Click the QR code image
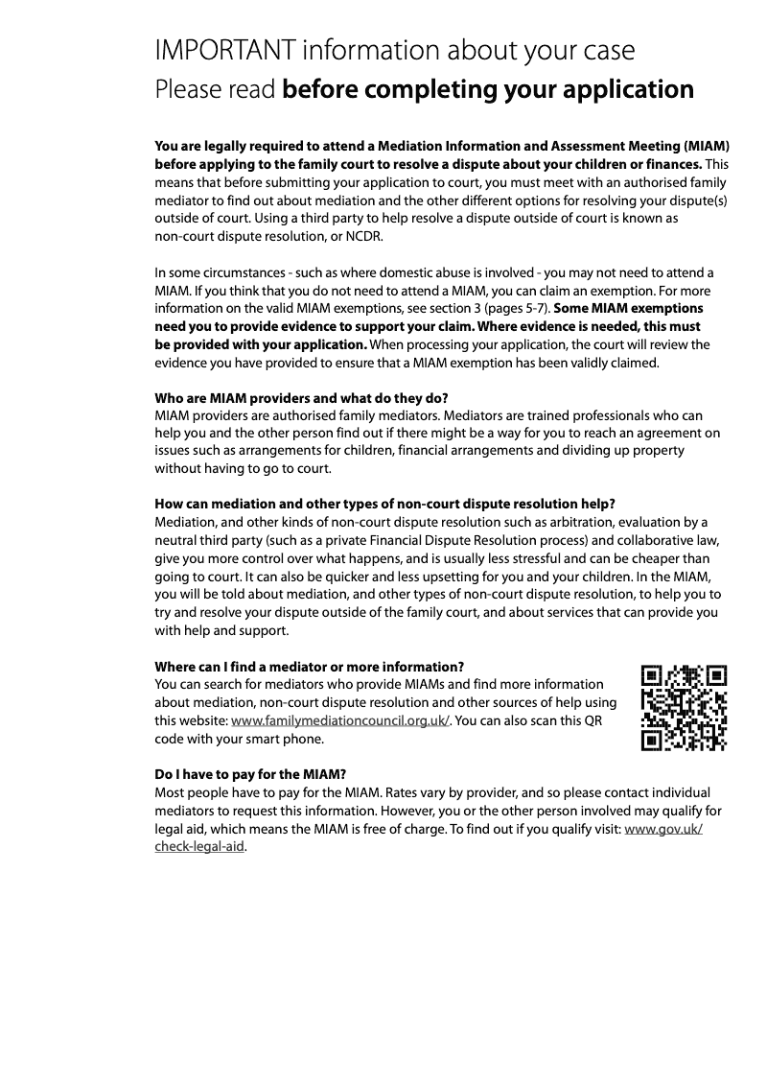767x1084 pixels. pyautogui.click(x=684, y=708)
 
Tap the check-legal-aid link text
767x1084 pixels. pyautogui.click(x=199, y=847)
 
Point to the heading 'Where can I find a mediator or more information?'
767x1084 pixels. pyautogui.click(x=310, y=667)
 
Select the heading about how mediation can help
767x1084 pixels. pyautogui.click(x=384, y=505)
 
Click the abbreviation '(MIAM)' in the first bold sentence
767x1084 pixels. pyautogui.click(x=706, y=147)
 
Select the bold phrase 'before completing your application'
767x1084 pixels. pyautogui.click(x=488, y=89)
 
